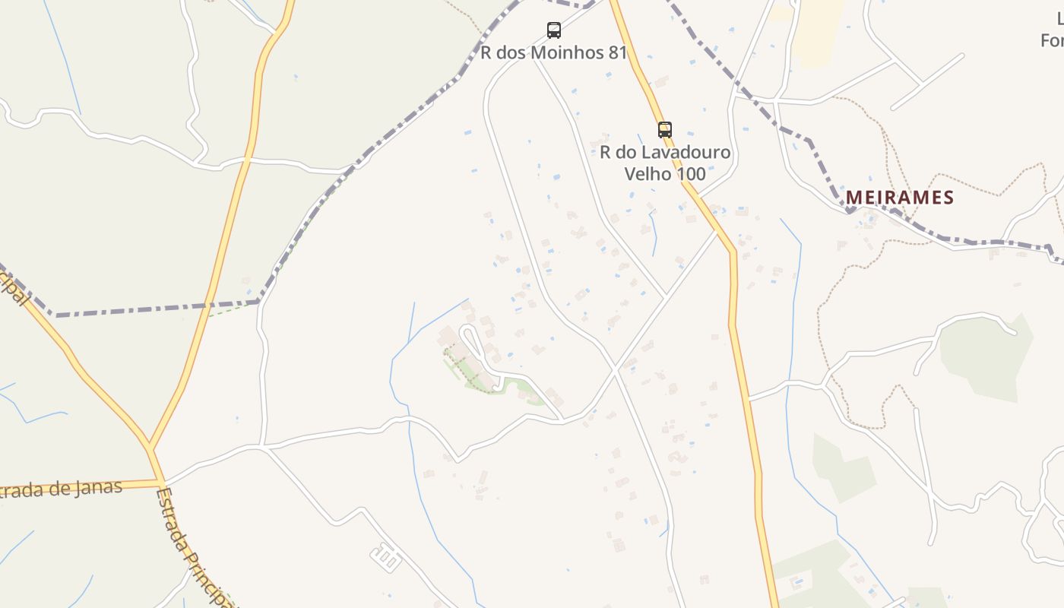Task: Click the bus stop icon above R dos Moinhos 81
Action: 554,30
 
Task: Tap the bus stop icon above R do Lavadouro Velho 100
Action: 665,130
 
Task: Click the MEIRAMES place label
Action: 899,198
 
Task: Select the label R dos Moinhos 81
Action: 553,52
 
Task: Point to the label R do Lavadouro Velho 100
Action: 665,163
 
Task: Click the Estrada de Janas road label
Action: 61,489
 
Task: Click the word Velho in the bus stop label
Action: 648,173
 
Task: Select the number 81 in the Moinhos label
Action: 617,52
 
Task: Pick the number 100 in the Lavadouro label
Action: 692,173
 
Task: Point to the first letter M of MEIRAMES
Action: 853,198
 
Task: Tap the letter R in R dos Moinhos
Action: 486,52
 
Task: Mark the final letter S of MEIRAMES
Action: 948,198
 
